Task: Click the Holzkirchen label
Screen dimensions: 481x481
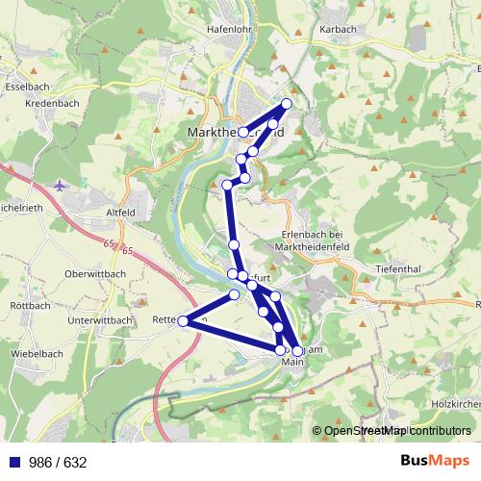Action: [x=457, y=405]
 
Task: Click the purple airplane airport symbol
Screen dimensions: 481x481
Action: [x=62, y=184]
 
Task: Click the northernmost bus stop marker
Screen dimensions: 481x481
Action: [x=286, y=104]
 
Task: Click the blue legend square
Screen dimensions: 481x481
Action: [x=12, y=462]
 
